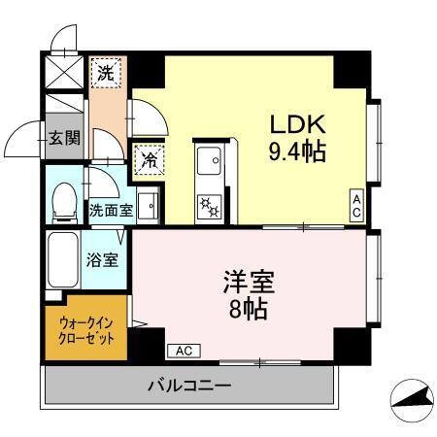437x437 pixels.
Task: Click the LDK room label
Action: coord(296,125)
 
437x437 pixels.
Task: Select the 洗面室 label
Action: coord(110,209)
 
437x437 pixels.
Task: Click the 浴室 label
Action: coord(102,260)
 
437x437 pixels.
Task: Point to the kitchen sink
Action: coord(209,160)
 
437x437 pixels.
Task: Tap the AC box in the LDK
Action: coord(356,205)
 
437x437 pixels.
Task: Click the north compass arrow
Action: coord(411,398)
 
